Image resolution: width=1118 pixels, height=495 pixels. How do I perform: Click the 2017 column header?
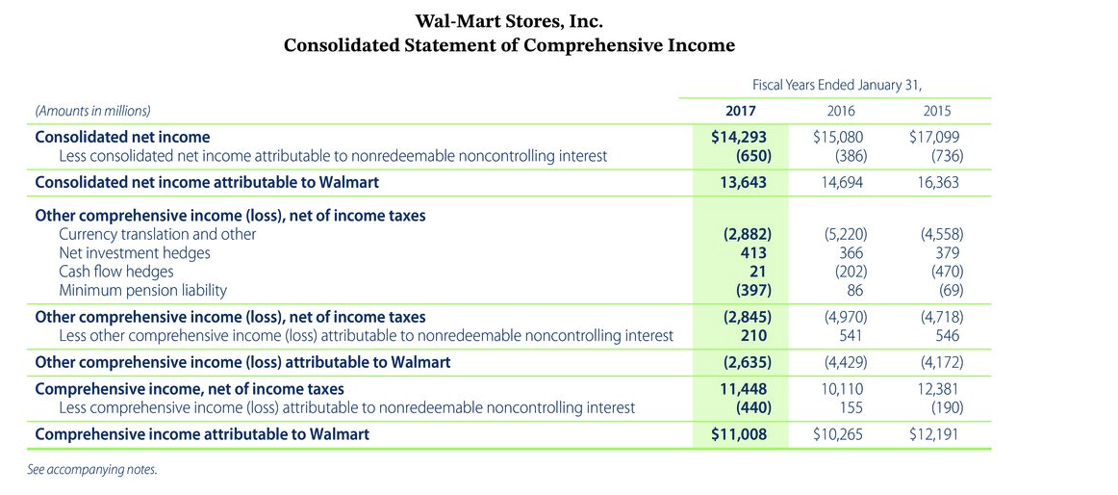(x=741, y=111)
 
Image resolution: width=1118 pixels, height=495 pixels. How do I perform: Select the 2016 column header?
(x=841, y=111)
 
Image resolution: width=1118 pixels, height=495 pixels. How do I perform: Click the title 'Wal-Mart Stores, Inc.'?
(x=509, y=20)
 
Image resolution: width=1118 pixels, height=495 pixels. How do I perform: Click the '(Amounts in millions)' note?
(x=92, y=111)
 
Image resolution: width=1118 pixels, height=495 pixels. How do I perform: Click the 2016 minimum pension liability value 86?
(x=854, y=289)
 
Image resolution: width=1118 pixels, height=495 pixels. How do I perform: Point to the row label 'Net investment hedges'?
(x=135, y=252)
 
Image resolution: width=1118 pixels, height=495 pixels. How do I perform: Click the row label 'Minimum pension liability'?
(x=143, y=289)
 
